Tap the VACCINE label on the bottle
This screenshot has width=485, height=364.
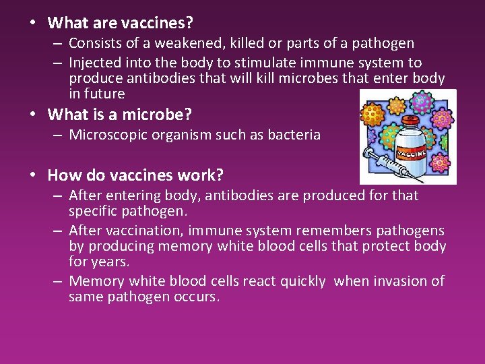click(x=411, y=153)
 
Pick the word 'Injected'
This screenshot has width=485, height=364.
click(x=94, y=63)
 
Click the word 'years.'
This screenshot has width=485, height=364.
click(x=108, y=262)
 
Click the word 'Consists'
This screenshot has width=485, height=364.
click(x=95, y=44)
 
